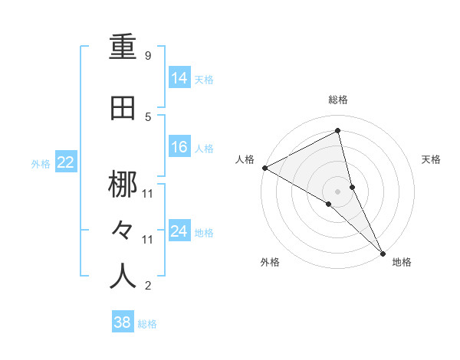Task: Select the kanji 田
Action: click(x=123, y=109)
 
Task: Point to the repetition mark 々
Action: click(x=123, y=230)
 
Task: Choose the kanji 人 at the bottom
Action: click(x=123, y=276)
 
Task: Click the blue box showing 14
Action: click(x=179, y=77)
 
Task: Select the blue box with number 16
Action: click(x=179, y=147)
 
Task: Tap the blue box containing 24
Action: click(x=179, y=231)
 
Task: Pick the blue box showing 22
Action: click(x=65, y=162)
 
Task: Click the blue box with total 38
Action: click(x=123, y=322)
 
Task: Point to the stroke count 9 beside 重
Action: click(x=147, y=56)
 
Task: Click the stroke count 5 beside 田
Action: click(x=147, y=116)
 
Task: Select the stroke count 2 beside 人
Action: click(x=147, y=286)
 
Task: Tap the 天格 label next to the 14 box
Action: click(x=204, y=79)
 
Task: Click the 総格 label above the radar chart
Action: click(x=338, y=100)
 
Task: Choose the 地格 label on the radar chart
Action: click(x=402, y=262)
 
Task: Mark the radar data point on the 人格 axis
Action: click(x=264, y=168)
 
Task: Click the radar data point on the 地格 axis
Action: click(x=383, y=252)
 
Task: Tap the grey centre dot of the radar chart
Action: click(x=337, y=190)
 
